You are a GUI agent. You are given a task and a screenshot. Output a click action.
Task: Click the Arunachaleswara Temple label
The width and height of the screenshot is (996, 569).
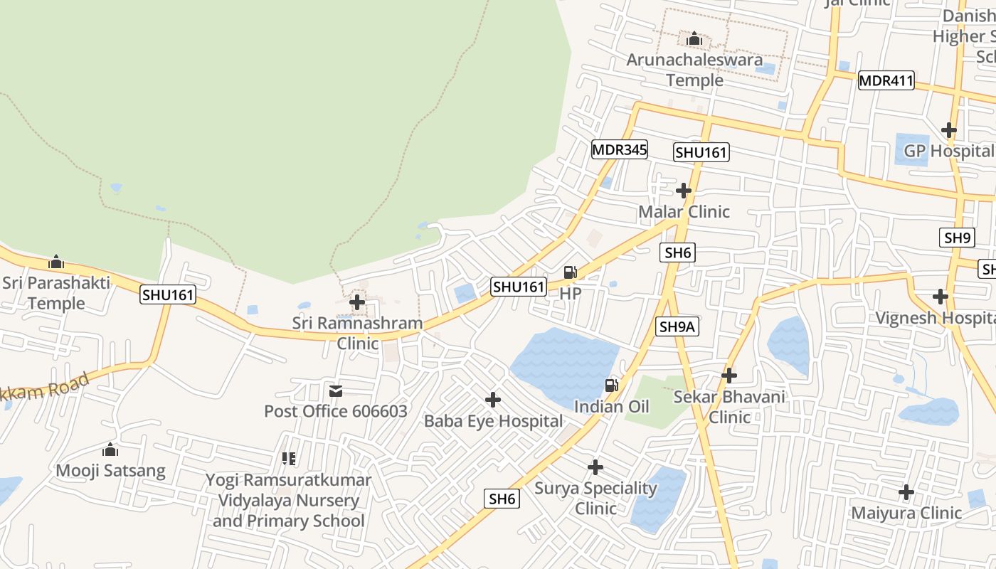click(694, 70)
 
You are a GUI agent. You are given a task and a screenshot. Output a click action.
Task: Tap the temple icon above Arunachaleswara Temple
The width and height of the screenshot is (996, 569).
click(694, 38)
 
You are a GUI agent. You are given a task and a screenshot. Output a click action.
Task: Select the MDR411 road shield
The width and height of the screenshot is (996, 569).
click(886, 80)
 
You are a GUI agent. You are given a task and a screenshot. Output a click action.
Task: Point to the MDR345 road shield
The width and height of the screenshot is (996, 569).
click(619, 149)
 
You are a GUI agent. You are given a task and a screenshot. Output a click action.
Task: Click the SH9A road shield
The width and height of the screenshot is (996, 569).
click(677, 326)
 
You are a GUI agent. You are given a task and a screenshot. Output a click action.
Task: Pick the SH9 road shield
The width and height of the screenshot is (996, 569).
click(957, 238)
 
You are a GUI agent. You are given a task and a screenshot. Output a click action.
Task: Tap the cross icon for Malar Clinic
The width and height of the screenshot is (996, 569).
click(684, 191)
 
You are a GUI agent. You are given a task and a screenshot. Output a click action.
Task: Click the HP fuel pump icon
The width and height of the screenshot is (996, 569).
click(570, 272)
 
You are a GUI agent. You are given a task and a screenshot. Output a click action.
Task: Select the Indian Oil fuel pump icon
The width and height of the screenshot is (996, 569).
click(611, 385)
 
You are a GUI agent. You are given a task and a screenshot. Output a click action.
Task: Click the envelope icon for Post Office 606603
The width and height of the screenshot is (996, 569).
click(336, 390)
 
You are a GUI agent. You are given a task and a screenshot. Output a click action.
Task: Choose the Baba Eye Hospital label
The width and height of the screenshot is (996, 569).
click(493, 421)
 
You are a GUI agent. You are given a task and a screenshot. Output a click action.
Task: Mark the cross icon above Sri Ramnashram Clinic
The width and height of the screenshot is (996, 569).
click(357, 302)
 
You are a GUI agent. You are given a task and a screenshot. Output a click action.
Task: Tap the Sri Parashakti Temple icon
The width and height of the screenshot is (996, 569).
click(56, 262)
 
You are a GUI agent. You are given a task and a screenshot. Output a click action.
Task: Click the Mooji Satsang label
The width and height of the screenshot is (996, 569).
click(110, 470)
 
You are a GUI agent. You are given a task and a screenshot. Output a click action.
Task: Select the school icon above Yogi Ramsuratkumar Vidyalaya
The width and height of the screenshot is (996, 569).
click(288, 458)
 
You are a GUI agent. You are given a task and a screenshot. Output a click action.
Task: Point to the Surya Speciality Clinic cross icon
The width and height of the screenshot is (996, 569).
click(595, 467)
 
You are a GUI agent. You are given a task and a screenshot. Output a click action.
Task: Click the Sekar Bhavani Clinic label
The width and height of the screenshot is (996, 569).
click(729, 406)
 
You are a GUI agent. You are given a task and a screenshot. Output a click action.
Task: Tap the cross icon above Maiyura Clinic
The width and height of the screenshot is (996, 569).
click(906, 491)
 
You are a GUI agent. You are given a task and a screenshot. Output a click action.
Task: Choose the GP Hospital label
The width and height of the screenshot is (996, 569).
click(948, 151)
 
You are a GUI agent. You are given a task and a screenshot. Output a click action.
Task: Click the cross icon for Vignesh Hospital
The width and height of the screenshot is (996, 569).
click(941, 296)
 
